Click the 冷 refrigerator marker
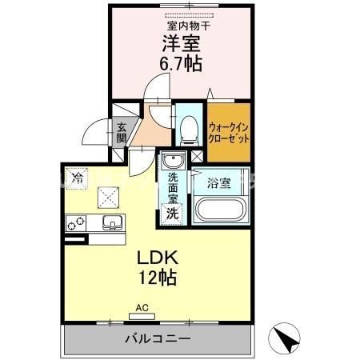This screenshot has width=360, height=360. coord(78,178)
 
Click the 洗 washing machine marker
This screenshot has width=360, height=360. coord(171,213)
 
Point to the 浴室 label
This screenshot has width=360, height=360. coord(219,183)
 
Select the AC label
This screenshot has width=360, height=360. coord(142,306)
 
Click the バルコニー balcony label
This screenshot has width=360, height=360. coord(157,339)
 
